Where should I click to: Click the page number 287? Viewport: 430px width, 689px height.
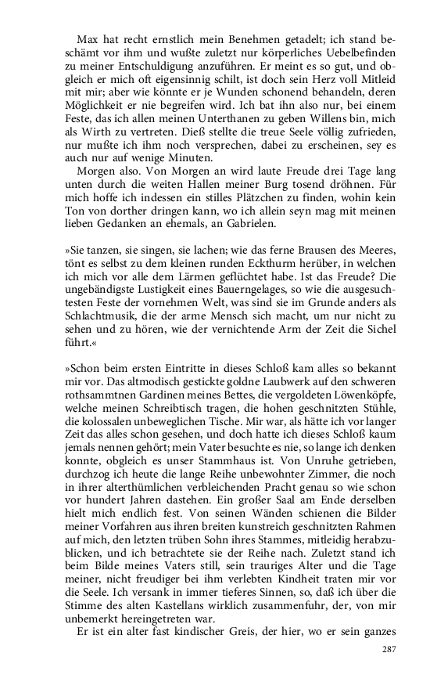tap(390, 650)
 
